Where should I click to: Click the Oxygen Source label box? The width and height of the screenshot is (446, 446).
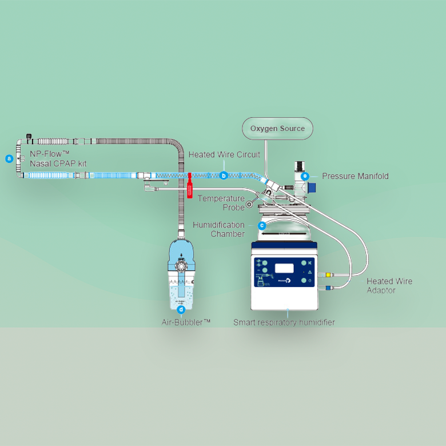click(x=277, y=129)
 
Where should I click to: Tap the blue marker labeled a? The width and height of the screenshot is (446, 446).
click(x=9, y=158)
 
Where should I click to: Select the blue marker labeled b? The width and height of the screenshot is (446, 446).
click(x=224, y=176)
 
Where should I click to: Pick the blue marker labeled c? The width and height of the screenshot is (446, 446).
click(x=262, y=225)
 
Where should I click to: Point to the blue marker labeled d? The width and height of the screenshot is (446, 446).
click(x=181, y=310)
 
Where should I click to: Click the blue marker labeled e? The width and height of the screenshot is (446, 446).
click(x=305, y=176)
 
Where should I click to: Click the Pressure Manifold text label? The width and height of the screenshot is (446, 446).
click(x=355, y=176)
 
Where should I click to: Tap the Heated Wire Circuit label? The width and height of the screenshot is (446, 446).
click(x=224, y=155)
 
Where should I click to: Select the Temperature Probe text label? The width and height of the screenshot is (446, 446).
click(x=221, y=203)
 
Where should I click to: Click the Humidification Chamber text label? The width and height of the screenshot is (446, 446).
click(x=219, y=229)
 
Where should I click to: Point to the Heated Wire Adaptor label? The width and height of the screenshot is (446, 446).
click(x=389, y=285)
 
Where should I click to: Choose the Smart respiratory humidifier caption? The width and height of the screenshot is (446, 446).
click(x=284, y=322)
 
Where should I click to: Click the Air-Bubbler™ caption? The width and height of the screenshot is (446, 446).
click(x=186, y=322)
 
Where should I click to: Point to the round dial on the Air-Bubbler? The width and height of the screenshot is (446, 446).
click(x=181, y=267)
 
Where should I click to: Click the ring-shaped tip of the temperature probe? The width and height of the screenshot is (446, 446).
click(x=249, y=204)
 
